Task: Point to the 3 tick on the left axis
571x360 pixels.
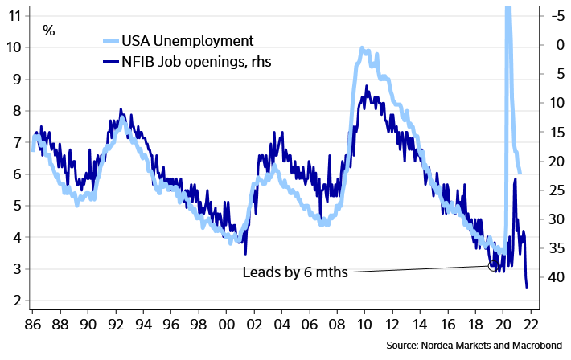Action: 16,268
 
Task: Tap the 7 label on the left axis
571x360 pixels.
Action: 16,141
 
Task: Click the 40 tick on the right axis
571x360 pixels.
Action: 555,276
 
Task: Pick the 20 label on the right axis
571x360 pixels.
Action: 555,161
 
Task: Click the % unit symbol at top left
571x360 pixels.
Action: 49,31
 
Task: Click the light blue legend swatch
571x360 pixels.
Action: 112,42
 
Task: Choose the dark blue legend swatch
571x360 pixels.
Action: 112,60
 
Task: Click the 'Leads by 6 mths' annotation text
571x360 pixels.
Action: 294,272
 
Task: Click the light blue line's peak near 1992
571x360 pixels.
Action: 122,117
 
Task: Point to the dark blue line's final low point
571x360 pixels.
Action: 527,287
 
